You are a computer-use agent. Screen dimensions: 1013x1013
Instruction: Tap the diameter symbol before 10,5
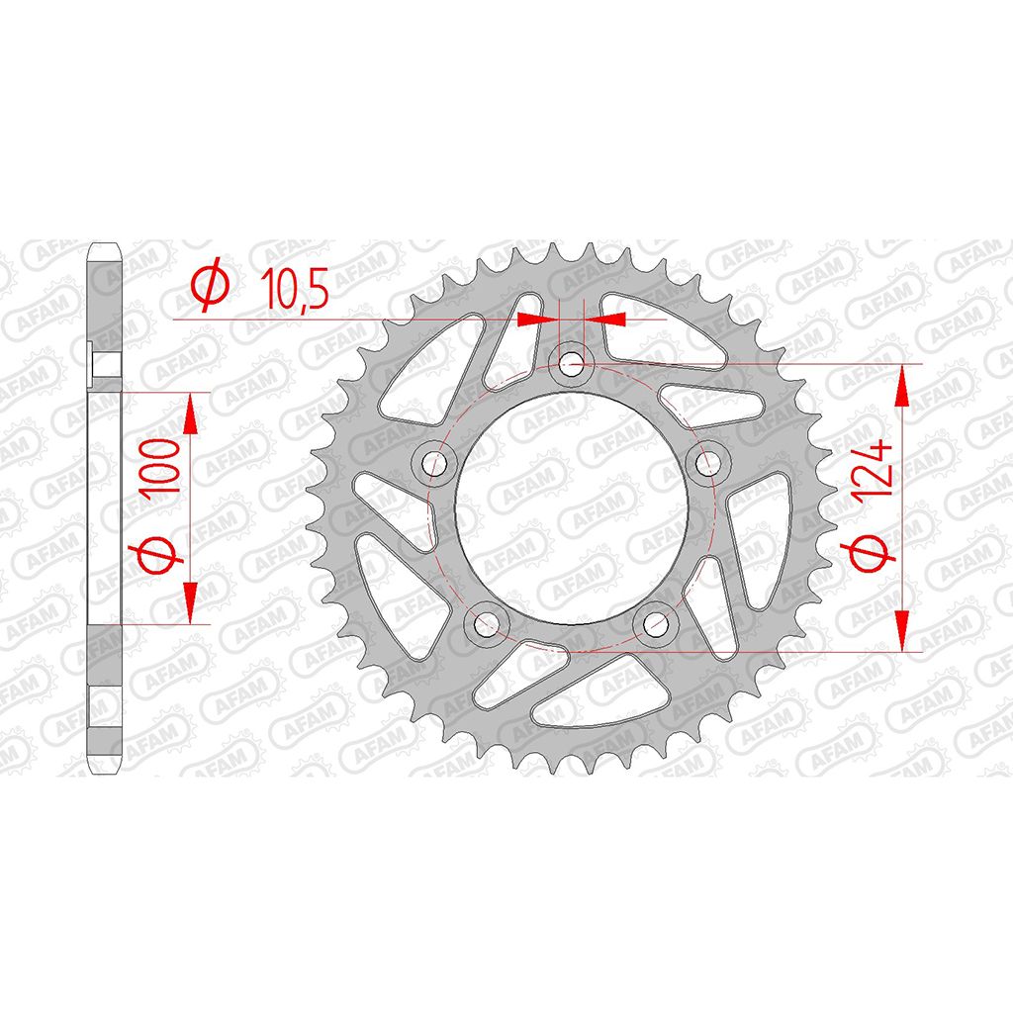click(x=210, y=284)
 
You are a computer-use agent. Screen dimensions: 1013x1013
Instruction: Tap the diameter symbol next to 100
click(x=157, y=554)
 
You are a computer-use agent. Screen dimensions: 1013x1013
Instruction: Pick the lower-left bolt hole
click(x=487, y=623)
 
